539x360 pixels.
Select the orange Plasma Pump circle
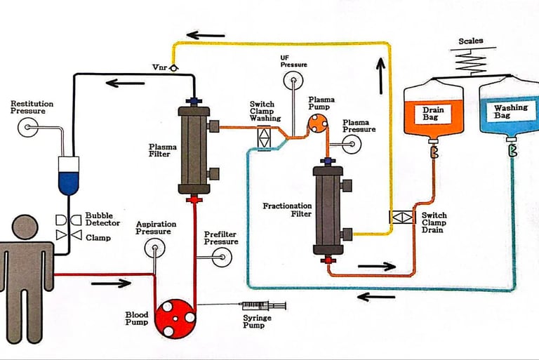click(317, 124)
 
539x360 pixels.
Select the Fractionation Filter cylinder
click(326, 211)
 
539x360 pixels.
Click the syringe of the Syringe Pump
click(263, 307)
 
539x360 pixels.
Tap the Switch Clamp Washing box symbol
click(264, 138)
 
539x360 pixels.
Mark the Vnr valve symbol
click(173, 67)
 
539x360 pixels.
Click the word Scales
click(471, 41)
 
